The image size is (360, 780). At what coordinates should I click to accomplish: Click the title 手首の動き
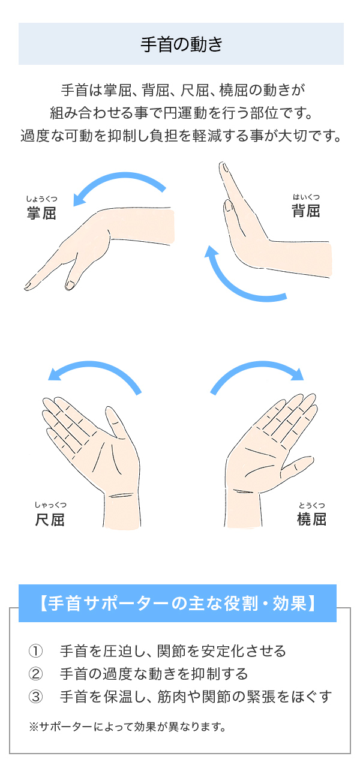tap(181, 44)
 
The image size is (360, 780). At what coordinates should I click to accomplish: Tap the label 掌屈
tap(41, 213)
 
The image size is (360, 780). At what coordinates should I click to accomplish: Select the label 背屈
tap(305, 211)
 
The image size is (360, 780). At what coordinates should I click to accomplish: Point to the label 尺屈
tap(50, 520)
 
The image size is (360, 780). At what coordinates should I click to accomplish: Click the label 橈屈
tap(311, 519)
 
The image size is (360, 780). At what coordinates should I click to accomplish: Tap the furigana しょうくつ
tap(41, 199)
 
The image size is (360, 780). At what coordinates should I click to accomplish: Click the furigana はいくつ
tap(305, 197)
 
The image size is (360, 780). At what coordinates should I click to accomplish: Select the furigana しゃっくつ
tap(50, 505)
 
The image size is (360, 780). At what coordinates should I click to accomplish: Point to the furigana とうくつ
tap(311, 505)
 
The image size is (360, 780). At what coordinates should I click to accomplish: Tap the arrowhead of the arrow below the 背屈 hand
tap(211, 251)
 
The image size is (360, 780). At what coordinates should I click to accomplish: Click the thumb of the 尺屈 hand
tap(116, 422)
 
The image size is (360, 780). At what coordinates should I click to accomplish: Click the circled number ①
tap(35, 650)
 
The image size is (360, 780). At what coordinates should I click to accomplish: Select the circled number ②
tap(35, 673)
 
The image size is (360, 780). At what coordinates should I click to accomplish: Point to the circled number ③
tap(35, 697)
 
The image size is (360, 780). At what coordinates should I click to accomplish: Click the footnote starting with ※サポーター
tap(128, 727)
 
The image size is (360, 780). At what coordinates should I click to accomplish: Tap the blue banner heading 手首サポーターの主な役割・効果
tap(178, 604)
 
